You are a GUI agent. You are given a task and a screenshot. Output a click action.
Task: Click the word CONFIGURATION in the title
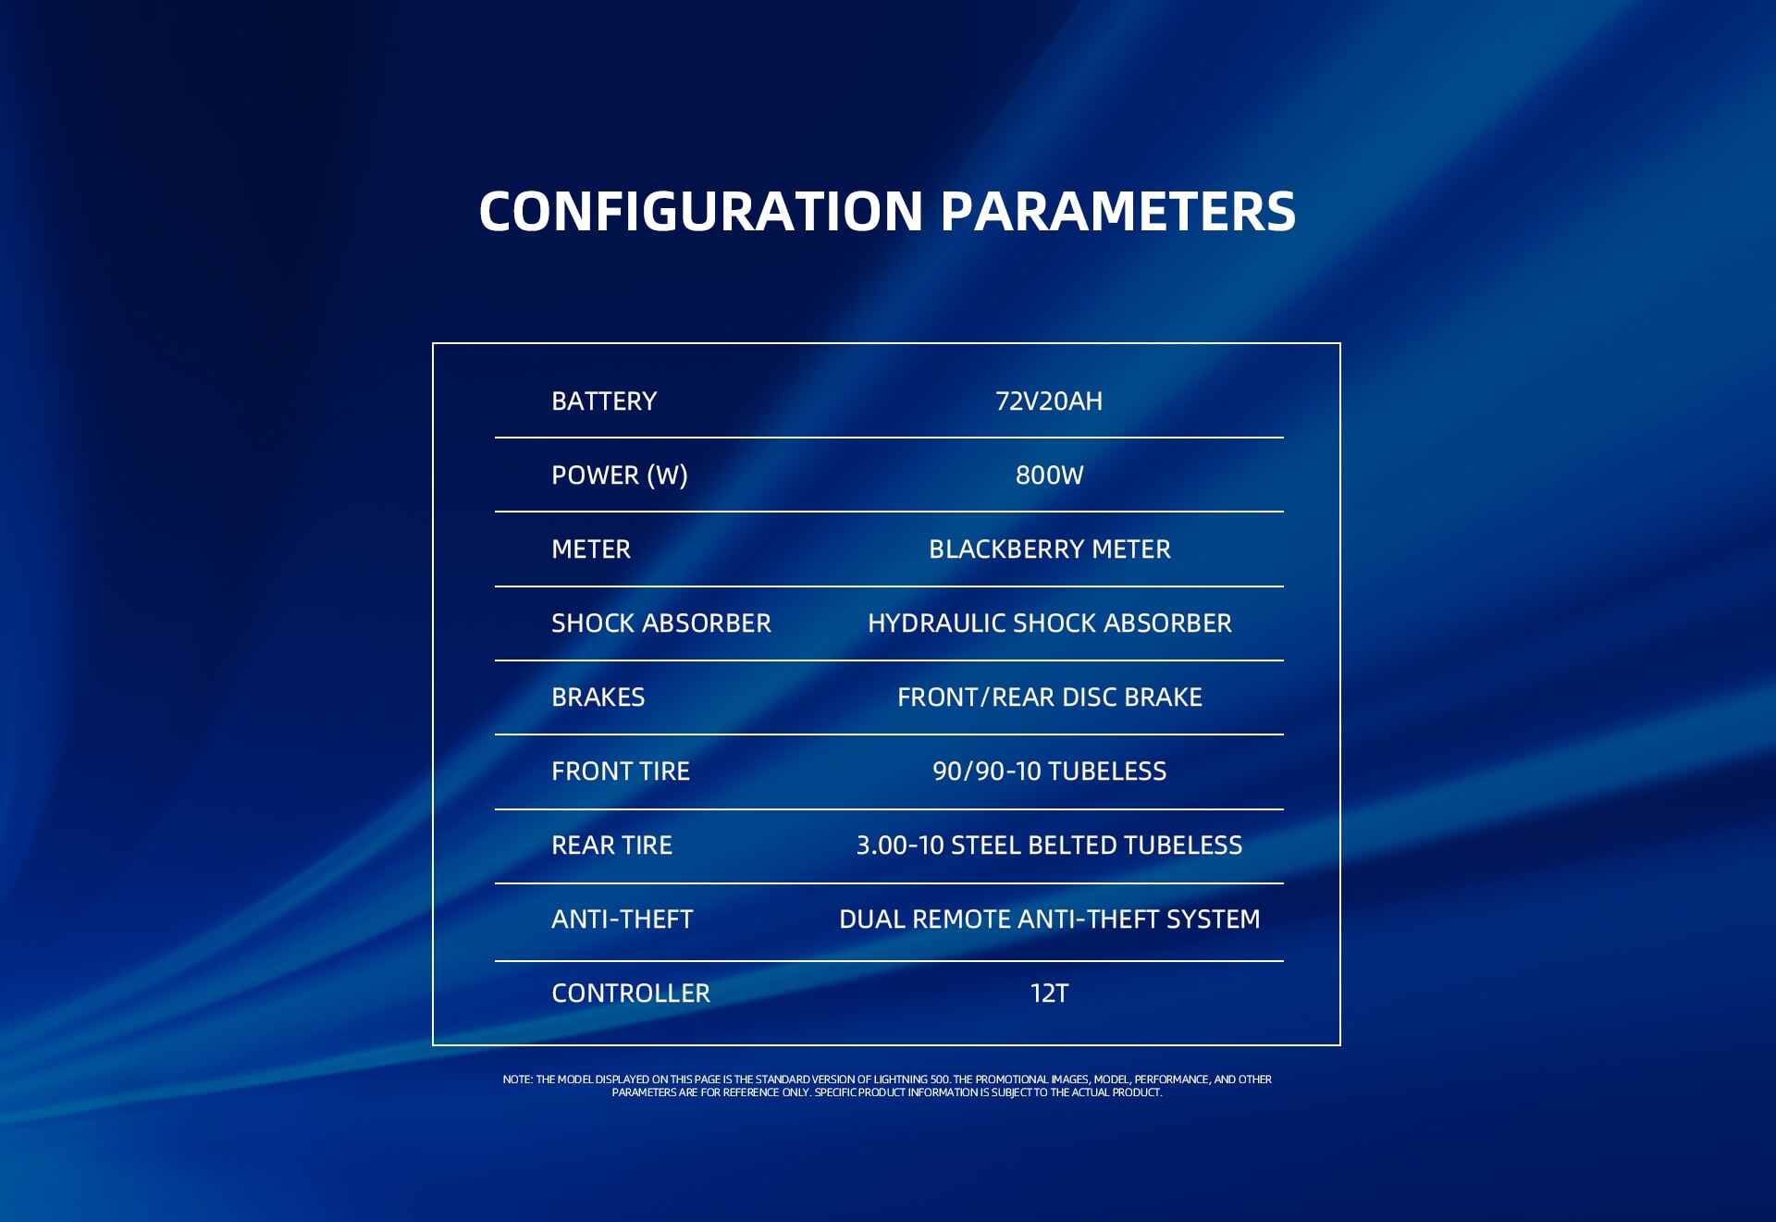tap(701, 211)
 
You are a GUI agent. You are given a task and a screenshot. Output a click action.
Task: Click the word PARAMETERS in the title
tap(1118, 211)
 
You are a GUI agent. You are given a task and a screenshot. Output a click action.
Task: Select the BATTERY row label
tap(604, 401)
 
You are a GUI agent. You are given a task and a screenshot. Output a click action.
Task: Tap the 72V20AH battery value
tap(1049, 401)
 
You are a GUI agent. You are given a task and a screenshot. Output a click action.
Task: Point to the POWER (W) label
tap(620, 475)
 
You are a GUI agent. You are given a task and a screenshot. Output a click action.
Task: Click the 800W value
tap(1049, 475)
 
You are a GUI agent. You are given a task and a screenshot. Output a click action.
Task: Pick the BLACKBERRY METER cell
tap(1050, 549)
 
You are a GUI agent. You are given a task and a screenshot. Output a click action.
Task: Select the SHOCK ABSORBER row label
tap(661, 623)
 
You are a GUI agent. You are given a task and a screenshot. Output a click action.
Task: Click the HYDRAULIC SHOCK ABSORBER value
tap(1050, 623)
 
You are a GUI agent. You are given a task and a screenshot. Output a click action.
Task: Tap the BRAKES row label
tap(598, 697)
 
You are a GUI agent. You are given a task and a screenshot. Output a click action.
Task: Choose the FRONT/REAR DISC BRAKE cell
tap(1050, 697)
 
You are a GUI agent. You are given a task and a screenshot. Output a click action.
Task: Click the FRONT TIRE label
tap(621, 771)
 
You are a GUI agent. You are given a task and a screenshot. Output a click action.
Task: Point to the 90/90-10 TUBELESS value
tap(1050, 771)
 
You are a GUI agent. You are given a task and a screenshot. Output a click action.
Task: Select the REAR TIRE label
tap(612, 846)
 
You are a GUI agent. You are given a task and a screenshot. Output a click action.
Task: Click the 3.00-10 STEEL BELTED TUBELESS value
tap(1050, 846)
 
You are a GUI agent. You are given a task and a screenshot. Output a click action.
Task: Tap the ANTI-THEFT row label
tap(623, 920)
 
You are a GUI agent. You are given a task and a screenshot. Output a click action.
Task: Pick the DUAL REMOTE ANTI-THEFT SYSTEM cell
tap(1050, 920)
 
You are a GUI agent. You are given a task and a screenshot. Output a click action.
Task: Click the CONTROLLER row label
tap(631, 994)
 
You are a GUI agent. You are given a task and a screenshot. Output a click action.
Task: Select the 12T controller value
tap(1049, 994)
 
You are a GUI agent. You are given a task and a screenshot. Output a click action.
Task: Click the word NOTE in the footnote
tap(517, 1080)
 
